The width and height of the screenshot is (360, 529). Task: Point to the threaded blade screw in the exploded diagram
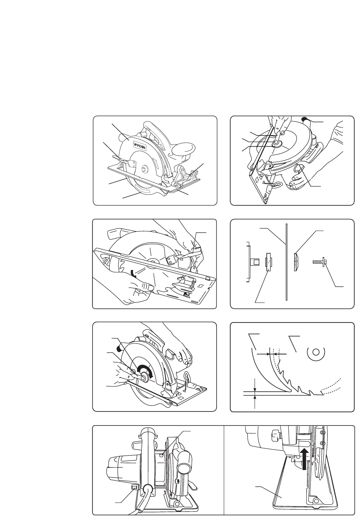tap(319, 262)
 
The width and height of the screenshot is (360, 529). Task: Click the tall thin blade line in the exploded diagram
tap(285, 262)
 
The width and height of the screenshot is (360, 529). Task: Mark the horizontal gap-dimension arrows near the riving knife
tap(268, 353)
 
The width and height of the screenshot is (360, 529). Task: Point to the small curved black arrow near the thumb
tap(132, 273)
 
